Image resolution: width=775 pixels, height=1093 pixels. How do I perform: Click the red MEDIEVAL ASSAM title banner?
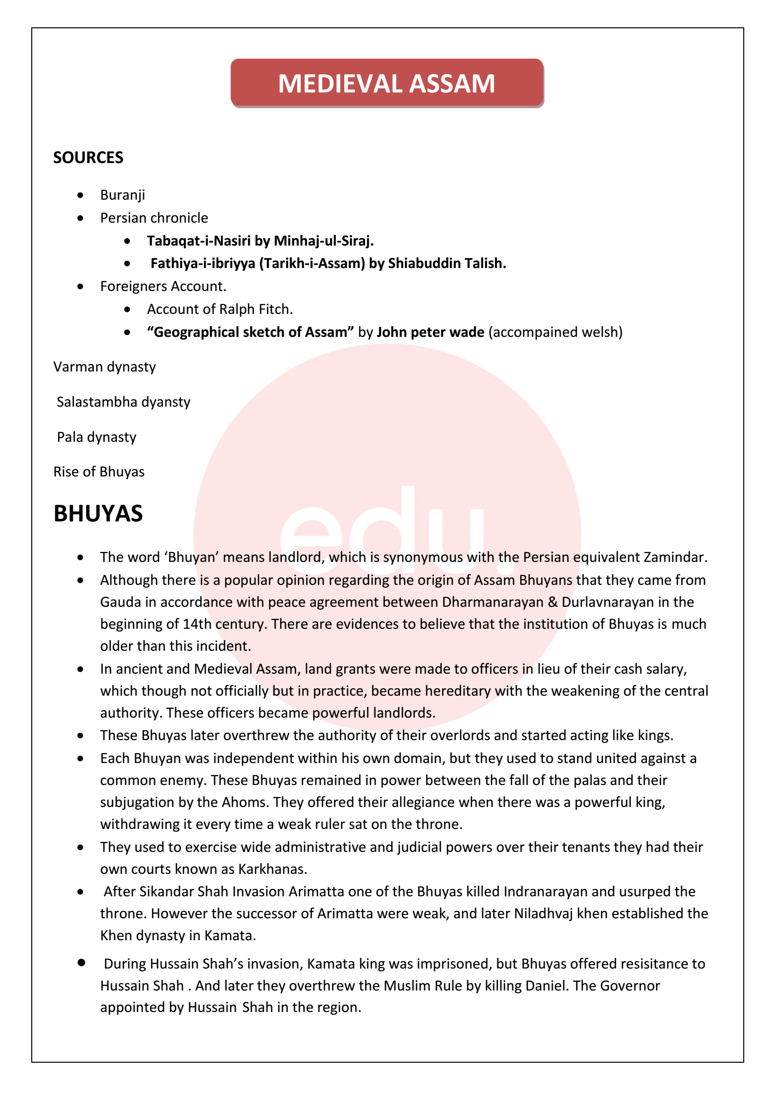pos(387,83)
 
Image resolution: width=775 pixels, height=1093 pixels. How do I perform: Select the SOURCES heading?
pos(88,158)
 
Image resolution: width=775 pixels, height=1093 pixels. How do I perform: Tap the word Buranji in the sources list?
pos(123,195)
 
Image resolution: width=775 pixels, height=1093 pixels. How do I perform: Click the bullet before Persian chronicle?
pos(81,218)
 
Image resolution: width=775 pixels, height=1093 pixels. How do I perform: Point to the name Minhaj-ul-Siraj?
pos(324,241)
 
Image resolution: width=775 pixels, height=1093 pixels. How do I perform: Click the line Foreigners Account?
pos(163,287)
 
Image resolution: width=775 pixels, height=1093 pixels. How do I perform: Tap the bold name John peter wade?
pos(430,332)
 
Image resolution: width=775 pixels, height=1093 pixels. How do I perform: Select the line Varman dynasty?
pos(105,367)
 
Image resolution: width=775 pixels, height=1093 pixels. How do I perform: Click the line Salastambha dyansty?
pos(124,402)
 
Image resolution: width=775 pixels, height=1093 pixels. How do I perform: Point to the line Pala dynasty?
pos(97,437)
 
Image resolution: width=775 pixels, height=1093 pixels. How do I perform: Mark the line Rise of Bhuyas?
pos(99,472)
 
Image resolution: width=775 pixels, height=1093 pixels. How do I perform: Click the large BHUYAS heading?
pos(98,514)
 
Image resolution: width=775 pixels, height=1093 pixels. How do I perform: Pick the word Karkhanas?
pos(272,869)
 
